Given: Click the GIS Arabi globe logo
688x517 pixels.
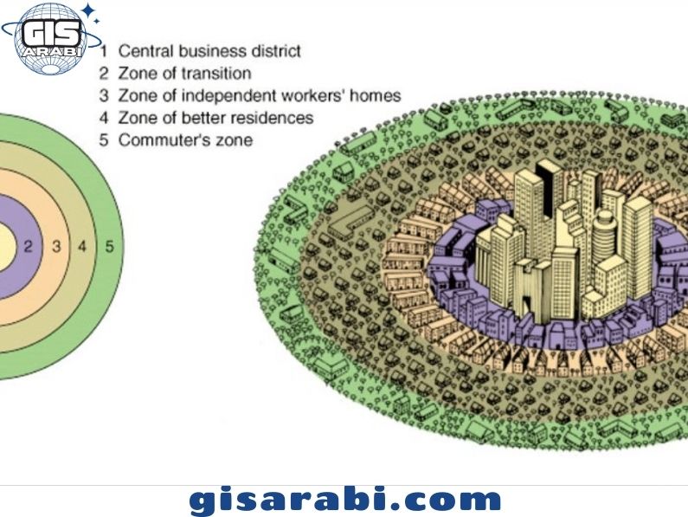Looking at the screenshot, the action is pyautogui.click(x=51, y=39).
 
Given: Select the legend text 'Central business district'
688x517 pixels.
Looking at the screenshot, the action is pyautogui.click(x=209, y=51).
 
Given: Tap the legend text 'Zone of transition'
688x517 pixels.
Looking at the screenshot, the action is pyautogui.click(x=184, y=73).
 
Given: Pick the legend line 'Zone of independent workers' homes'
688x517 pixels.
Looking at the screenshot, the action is pyautogui.click(x=260, y=95).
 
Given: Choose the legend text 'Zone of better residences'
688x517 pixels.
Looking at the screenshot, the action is pyautogui.click(x=215, y=118).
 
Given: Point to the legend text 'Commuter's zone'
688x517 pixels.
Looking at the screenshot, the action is pyautogui.click(x=185, y=140).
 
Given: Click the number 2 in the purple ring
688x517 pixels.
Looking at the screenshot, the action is pyautogui.click(x=28, y=247).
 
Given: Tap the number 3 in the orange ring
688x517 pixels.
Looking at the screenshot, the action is pyautogui.click(x=56, y=247).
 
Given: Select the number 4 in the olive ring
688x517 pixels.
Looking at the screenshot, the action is pyautogui.click(x=82, y=247).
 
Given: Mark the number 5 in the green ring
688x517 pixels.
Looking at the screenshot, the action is pyautogui.click(x=109, y=247).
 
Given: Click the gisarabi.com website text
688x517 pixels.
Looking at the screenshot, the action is pyautogui.click(x=345, y=500).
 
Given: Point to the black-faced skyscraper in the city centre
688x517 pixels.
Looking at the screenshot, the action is pyautogui.click(x=546, y=189).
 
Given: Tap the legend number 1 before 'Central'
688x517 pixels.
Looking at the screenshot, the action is pyautogui.click(x=104, y=51).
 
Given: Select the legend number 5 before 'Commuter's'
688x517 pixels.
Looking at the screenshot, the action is pyautogui.click(x=104, y=140).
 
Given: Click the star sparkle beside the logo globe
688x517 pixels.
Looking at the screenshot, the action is pyautogui.click(x=89, y=12).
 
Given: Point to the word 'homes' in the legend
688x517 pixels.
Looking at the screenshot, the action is pyautogui.click(x=376, y=95).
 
